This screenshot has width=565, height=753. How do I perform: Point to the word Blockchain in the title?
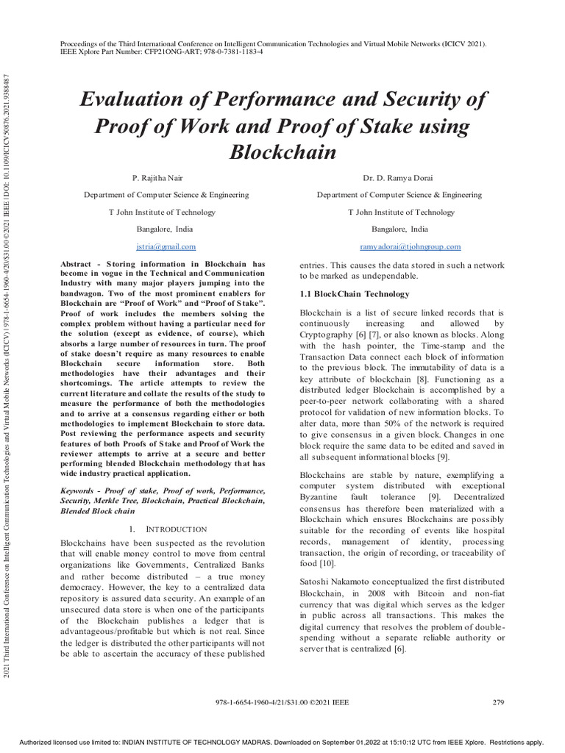tap(282, 153)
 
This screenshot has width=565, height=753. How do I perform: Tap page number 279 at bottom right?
tap(498, 702)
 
